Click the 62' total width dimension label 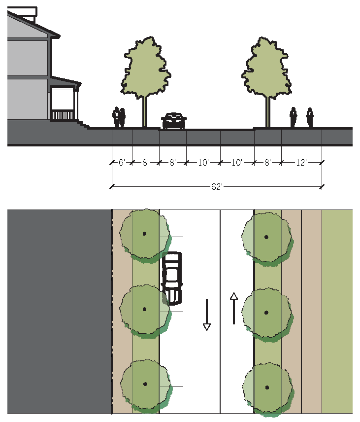point(216,186)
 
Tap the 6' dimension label point(122,162)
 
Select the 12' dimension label point(301,162)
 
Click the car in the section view point(174,121)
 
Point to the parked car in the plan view point(172,278)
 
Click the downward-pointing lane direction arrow point(207,314)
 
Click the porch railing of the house point(63,115)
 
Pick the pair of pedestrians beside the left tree point(119,118)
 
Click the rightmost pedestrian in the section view point(310,117)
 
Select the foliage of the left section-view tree point(145,69)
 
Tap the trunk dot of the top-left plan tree point(144,233)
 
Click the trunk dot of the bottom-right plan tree point(267,387)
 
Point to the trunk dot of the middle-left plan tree point(145,309)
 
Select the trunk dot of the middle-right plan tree point(266,312)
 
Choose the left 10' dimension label point(203,162)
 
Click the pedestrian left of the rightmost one point(293,117)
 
